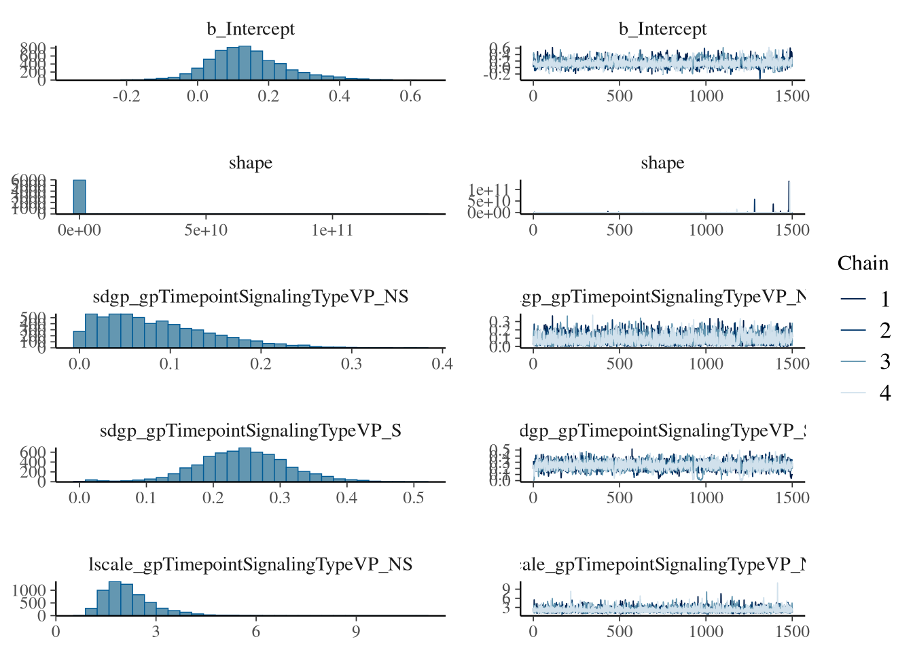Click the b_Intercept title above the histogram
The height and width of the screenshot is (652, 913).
tap(251, 29)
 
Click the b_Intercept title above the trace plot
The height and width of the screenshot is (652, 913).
tap(662, 29)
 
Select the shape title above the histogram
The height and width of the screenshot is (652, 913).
tap(251, 163)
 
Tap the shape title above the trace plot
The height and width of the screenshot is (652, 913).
tap(662, 163)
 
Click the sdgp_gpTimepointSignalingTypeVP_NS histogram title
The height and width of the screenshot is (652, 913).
tap(251, 297)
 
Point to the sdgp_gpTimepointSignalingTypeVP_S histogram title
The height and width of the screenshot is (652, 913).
tap(251, 431)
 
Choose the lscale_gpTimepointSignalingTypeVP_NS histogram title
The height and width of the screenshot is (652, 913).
tap(251, 564)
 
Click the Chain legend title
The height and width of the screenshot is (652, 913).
tap(863, 264)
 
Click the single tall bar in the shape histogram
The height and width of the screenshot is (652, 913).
tap(79, 197)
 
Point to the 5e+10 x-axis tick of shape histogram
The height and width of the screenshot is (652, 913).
tap(206, 230)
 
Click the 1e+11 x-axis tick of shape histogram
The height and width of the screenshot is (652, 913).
tap(332, 230)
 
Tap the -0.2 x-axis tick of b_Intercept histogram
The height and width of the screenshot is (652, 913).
tap(126, 96)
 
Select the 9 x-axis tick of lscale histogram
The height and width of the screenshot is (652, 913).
tap(356, 632)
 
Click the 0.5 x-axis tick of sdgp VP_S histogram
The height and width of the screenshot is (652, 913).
tap(413, 498)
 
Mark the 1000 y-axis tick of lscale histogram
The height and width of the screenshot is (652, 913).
tap(29, 590)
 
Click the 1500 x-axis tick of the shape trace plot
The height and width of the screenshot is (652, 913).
tap(792, 230)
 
